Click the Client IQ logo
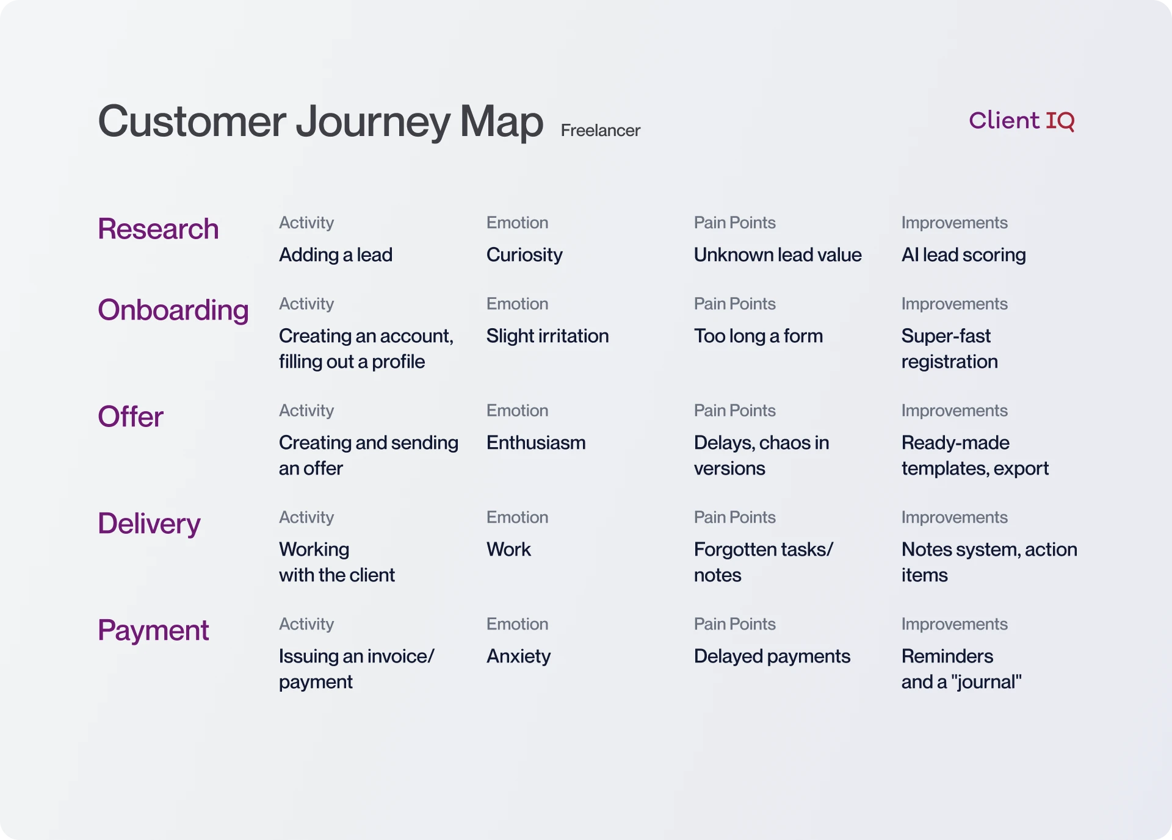click(1021, 120)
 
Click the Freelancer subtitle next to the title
click(600, 131)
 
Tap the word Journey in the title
click(372, 122)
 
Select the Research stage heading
click(158, 229)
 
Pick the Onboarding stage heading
click(173, 310)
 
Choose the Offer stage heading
click(130, 417)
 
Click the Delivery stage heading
click(149, 523)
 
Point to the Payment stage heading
click(153, 630)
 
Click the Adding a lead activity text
click(335, 255)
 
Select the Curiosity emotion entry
click(524, 255)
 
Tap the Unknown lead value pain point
click(777, 255)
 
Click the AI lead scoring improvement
click(963, 255)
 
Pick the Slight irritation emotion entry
click(547, 336)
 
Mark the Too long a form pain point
click(758, 336)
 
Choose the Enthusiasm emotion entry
click(535, 443)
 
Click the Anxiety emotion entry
click(518, 656)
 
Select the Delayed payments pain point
click(772, 656)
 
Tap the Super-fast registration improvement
click(949, 349)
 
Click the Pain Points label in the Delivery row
click(734, 517)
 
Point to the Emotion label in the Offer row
click(517, 411)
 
